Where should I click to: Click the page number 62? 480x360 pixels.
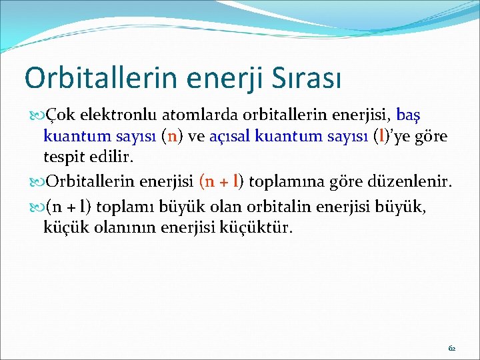(x=452, y=348)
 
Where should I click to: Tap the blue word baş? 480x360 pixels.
(x=410, y=116)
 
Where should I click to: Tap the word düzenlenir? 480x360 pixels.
(x=411, y=181)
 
